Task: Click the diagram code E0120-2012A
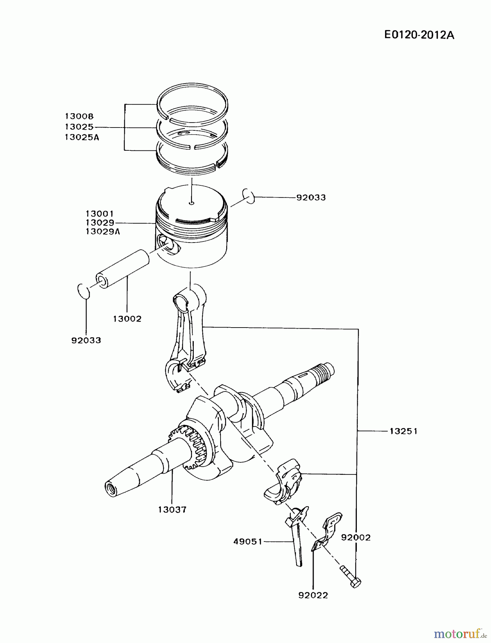point(419,35)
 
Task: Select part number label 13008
point(79,116)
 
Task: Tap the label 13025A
point(82,137)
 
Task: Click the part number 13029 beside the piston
point(100,223)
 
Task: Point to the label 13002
point(127,319)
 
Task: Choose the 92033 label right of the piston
point(311,198)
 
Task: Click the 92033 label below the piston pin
point(86,340)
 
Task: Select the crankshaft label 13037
point(172,509)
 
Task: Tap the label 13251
point(403,431)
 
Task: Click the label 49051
point(248,542)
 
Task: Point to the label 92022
point(313,595)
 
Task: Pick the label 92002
point(356,537)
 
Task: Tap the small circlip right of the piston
point(248,196)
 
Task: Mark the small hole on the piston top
point(192,203)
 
